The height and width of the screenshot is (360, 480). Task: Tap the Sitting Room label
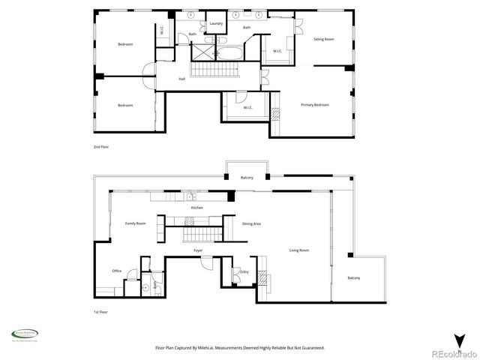pos(323,39)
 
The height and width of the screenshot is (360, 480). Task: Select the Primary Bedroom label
pos(315,105)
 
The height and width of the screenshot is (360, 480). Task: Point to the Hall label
pos(181,79)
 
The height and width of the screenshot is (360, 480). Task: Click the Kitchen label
pos(196,207)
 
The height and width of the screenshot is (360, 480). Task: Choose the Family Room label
pos(135,223)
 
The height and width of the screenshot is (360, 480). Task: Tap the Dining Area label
pos(251,223)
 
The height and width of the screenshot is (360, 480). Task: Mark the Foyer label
pos(198,250)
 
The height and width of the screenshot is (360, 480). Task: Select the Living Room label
pos(299,250)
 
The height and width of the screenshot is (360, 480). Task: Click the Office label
pos(117,271)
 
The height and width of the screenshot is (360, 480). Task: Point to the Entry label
pos(244,271)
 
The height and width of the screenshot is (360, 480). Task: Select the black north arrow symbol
pos(459,340)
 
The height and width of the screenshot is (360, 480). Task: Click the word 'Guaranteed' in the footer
pos(310,348)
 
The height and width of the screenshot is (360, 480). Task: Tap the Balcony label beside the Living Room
pos(353,278)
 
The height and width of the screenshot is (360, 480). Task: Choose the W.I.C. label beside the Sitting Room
pos(277,51)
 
